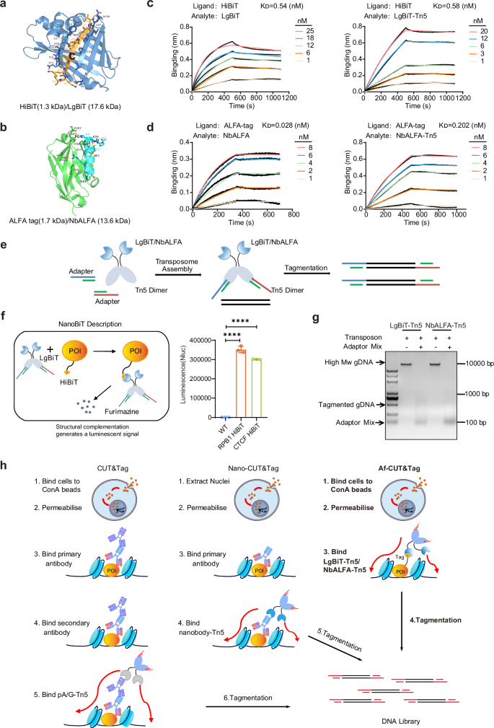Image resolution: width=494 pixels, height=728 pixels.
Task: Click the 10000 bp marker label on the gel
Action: [x=467, y=364]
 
